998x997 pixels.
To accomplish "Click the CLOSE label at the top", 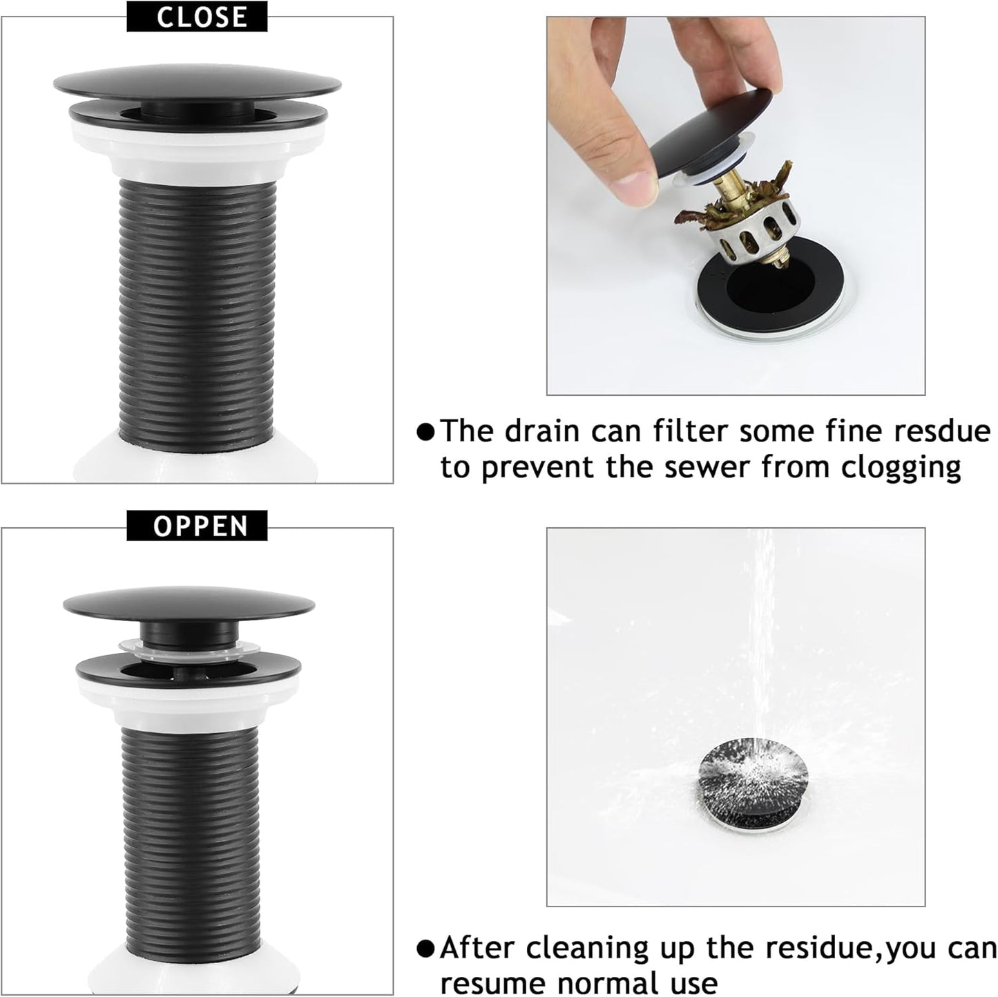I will pyautogui.click(x=197, y=17).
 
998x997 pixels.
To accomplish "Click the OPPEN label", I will pyautogui.click(x=197, y=526).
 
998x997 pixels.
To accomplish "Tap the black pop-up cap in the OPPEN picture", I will pyautogui.click(x=189, y=602).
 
